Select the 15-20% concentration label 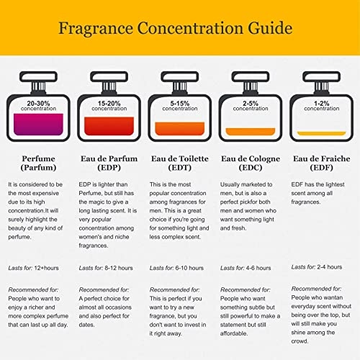point(105,106)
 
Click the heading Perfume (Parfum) point(34,163)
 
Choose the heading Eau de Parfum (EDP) point(108,163)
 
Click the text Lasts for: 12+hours point(35,268)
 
